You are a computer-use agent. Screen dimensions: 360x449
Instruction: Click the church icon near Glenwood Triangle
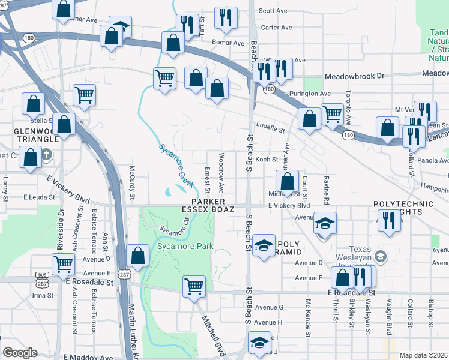pyautogui.click(x=47, y=154)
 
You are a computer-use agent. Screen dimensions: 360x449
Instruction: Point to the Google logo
pyautogui.click(x=20, y=353)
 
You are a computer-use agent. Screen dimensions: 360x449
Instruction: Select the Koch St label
pyautogui.click(x=267, y=160)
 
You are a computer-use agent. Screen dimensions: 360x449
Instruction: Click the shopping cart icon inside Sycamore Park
pyautogui.click(x=194, y=287)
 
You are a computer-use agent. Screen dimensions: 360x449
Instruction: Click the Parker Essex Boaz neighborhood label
pyautogui.click(x=208, y=205)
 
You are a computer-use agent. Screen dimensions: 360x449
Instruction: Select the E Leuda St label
pyautogui.click(x=40, y=196)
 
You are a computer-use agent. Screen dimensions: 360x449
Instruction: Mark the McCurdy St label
pyautogui.click(x=133, y=183)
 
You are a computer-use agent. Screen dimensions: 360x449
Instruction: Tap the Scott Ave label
pyautogui.click(x=273, y=11)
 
